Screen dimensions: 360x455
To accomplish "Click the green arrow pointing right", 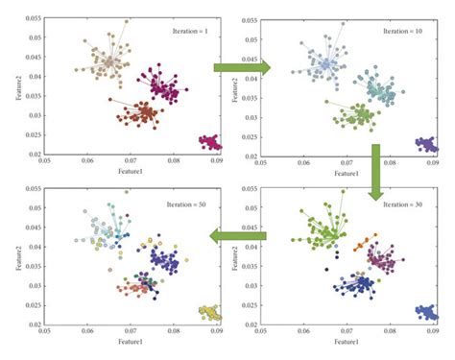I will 241,67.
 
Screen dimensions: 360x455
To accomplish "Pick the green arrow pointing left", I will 240,238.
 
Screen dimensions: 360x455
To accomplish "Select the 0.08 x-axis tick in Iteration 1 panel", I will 174,162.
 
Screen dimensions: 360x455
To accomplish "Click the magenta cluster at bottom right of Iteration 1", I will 209,143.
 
